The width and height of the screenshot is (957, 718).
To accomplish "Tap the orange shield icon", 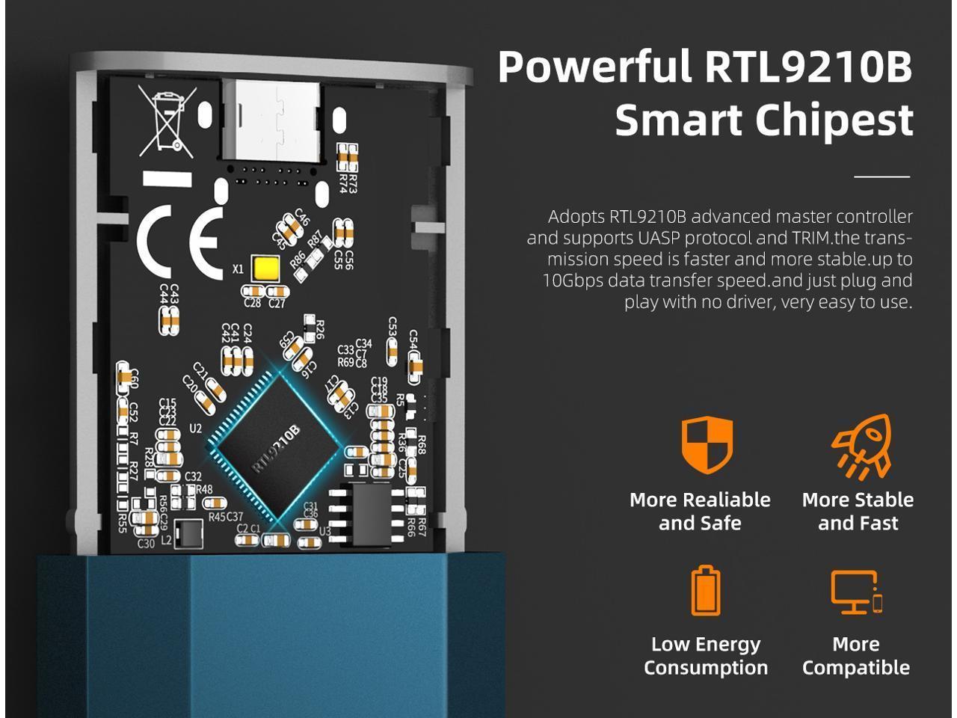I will pyautogui.click(x=707, y=444).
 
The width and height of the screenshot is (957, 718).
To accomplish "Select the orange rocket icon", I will pyautogui.click(x=862, y=446).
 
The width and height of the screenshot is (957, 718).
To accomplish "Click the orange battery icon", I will pyautogui.click(x=705, y=591).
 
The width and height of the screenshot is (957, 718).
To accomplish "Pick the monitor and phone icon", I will pyautogui.click(x=857, y=592).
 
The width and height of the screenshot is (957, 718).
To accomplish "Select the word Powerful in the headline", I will pyautogui.click(x=594, y=67).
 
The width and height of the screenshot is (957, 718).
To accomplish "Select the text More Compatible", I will pyautogui.click(x=856, y=655).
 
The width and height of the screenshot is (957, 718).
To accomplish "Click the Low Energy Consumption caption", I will pyautogui.click(x=706, y=655).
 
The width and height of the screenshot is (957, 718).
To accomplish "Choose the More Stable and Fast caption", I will pyautogui.click(x=858, y=511).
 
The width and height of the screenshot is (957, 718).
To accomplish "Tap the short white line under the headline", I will pyautogui.click(x=881, y=177).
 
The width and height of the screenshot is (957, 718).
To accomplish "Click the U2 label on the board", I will pyautogui.click(x=196, y=429).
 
